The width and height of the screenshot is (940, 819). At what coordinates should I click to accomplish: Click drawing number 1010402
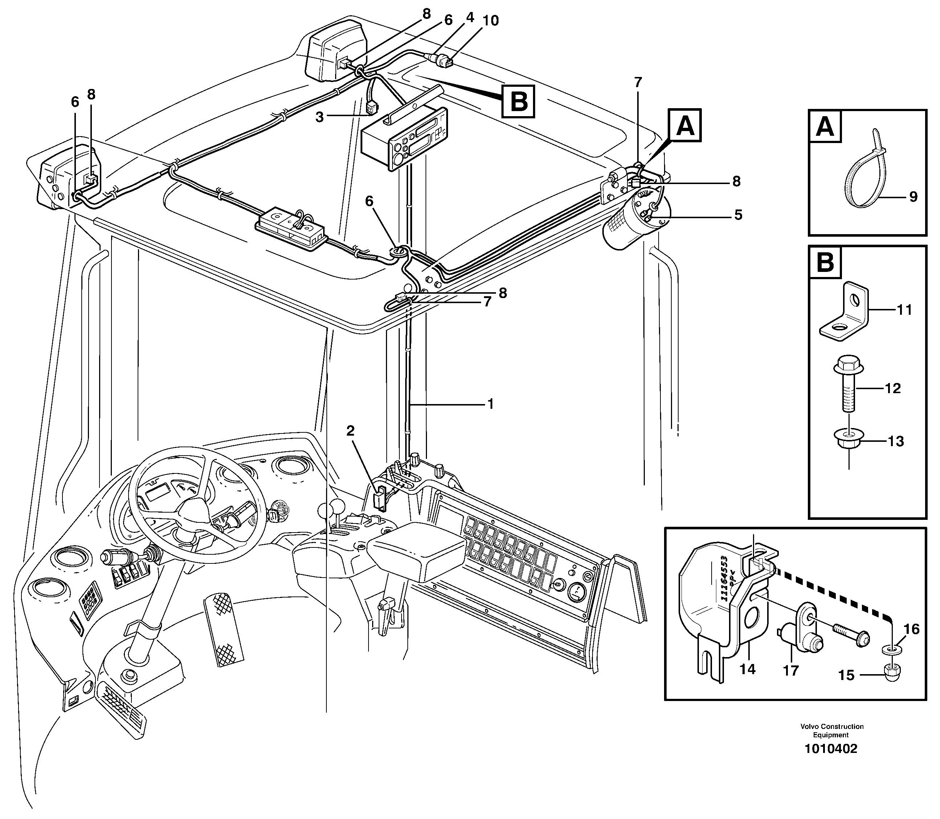click(831, 761)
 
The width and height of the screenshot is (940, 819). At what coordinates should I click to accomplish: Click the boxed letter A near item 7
click(684, 125)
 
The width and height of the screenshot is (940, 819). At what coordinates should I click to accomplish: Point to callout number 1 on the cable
click(491, 404)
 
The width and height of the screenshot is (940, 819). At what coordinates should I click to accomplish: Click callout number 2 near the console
click(350, 431)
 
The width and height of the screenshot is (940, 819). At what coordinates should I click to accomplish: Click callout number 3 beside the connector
click(320, 117)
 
